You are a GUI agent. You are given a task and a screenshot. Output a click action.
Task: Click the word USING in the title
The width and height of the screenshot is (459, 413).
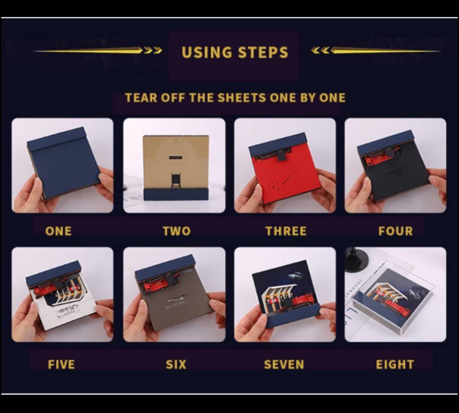pos(207,52)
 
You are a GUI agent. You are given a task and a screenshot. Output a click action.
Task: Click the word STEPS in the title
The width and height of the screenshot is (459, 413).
pos(263,52)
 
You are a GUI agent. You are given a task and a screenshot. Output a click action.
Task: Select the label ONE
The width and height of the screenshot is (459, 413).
pos(59,231)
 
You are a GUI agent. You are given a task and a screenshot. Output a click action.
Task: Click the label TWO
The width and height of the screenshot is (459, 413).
pos(176,231)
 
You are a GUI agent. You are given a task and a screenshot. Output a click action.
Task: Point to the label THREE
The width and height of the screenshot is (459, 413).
pos(286,231)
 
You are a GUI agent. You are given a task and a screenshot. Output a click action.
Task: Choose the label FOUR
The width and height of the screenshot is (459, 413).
pos(396,231)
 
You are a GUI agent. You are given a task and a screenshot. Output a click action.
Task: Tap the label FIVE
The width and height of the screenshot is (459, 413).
pos(61,365)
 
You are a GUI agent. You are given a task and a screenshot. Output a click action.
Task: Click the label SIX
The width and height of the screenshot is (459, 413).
pos(176,365)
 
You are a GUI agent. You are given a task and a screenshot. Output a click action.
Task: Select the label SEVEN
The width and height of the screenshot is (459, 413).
pos(284,365)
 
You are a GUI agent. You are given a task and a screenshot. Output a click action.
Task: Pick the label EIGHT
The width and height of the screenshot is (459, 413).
pos(395,365)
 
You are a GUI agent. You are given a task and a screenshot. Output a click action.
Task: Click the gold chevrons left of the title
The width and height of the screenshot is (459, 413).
pos(153,50)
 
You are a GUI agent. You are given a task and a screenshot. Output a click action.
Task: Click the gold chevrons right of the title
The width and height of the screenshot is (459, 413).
pos(320,50)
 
